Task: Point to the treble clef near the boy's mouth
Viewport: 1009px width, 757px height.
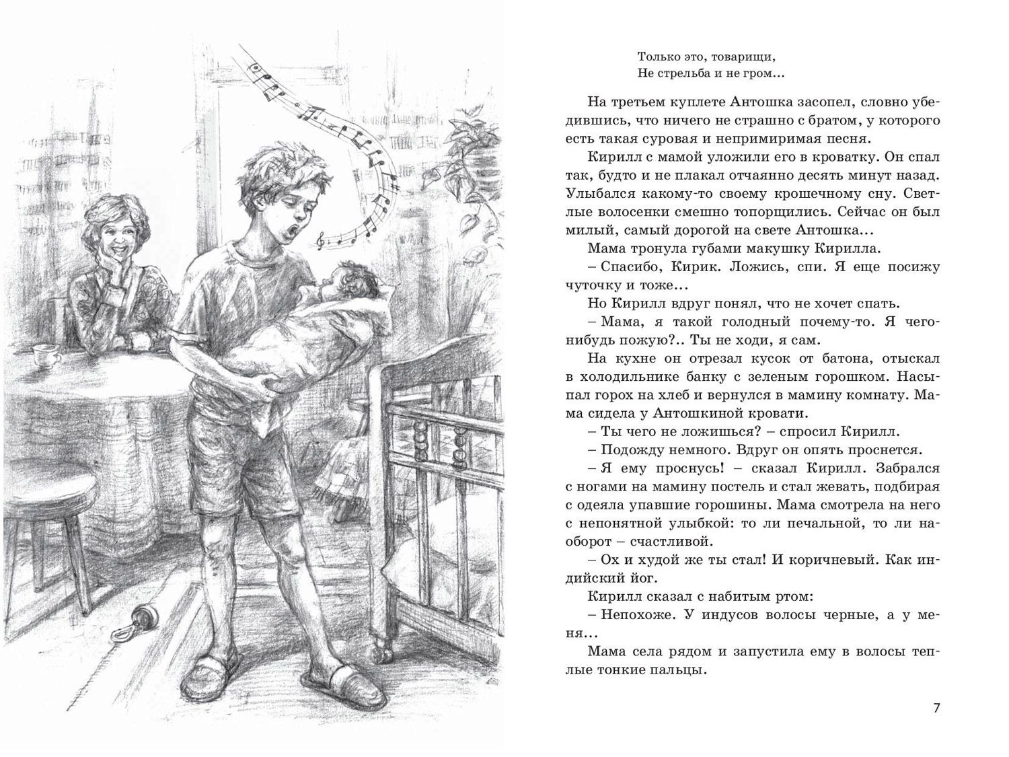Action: pos(322,236)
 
